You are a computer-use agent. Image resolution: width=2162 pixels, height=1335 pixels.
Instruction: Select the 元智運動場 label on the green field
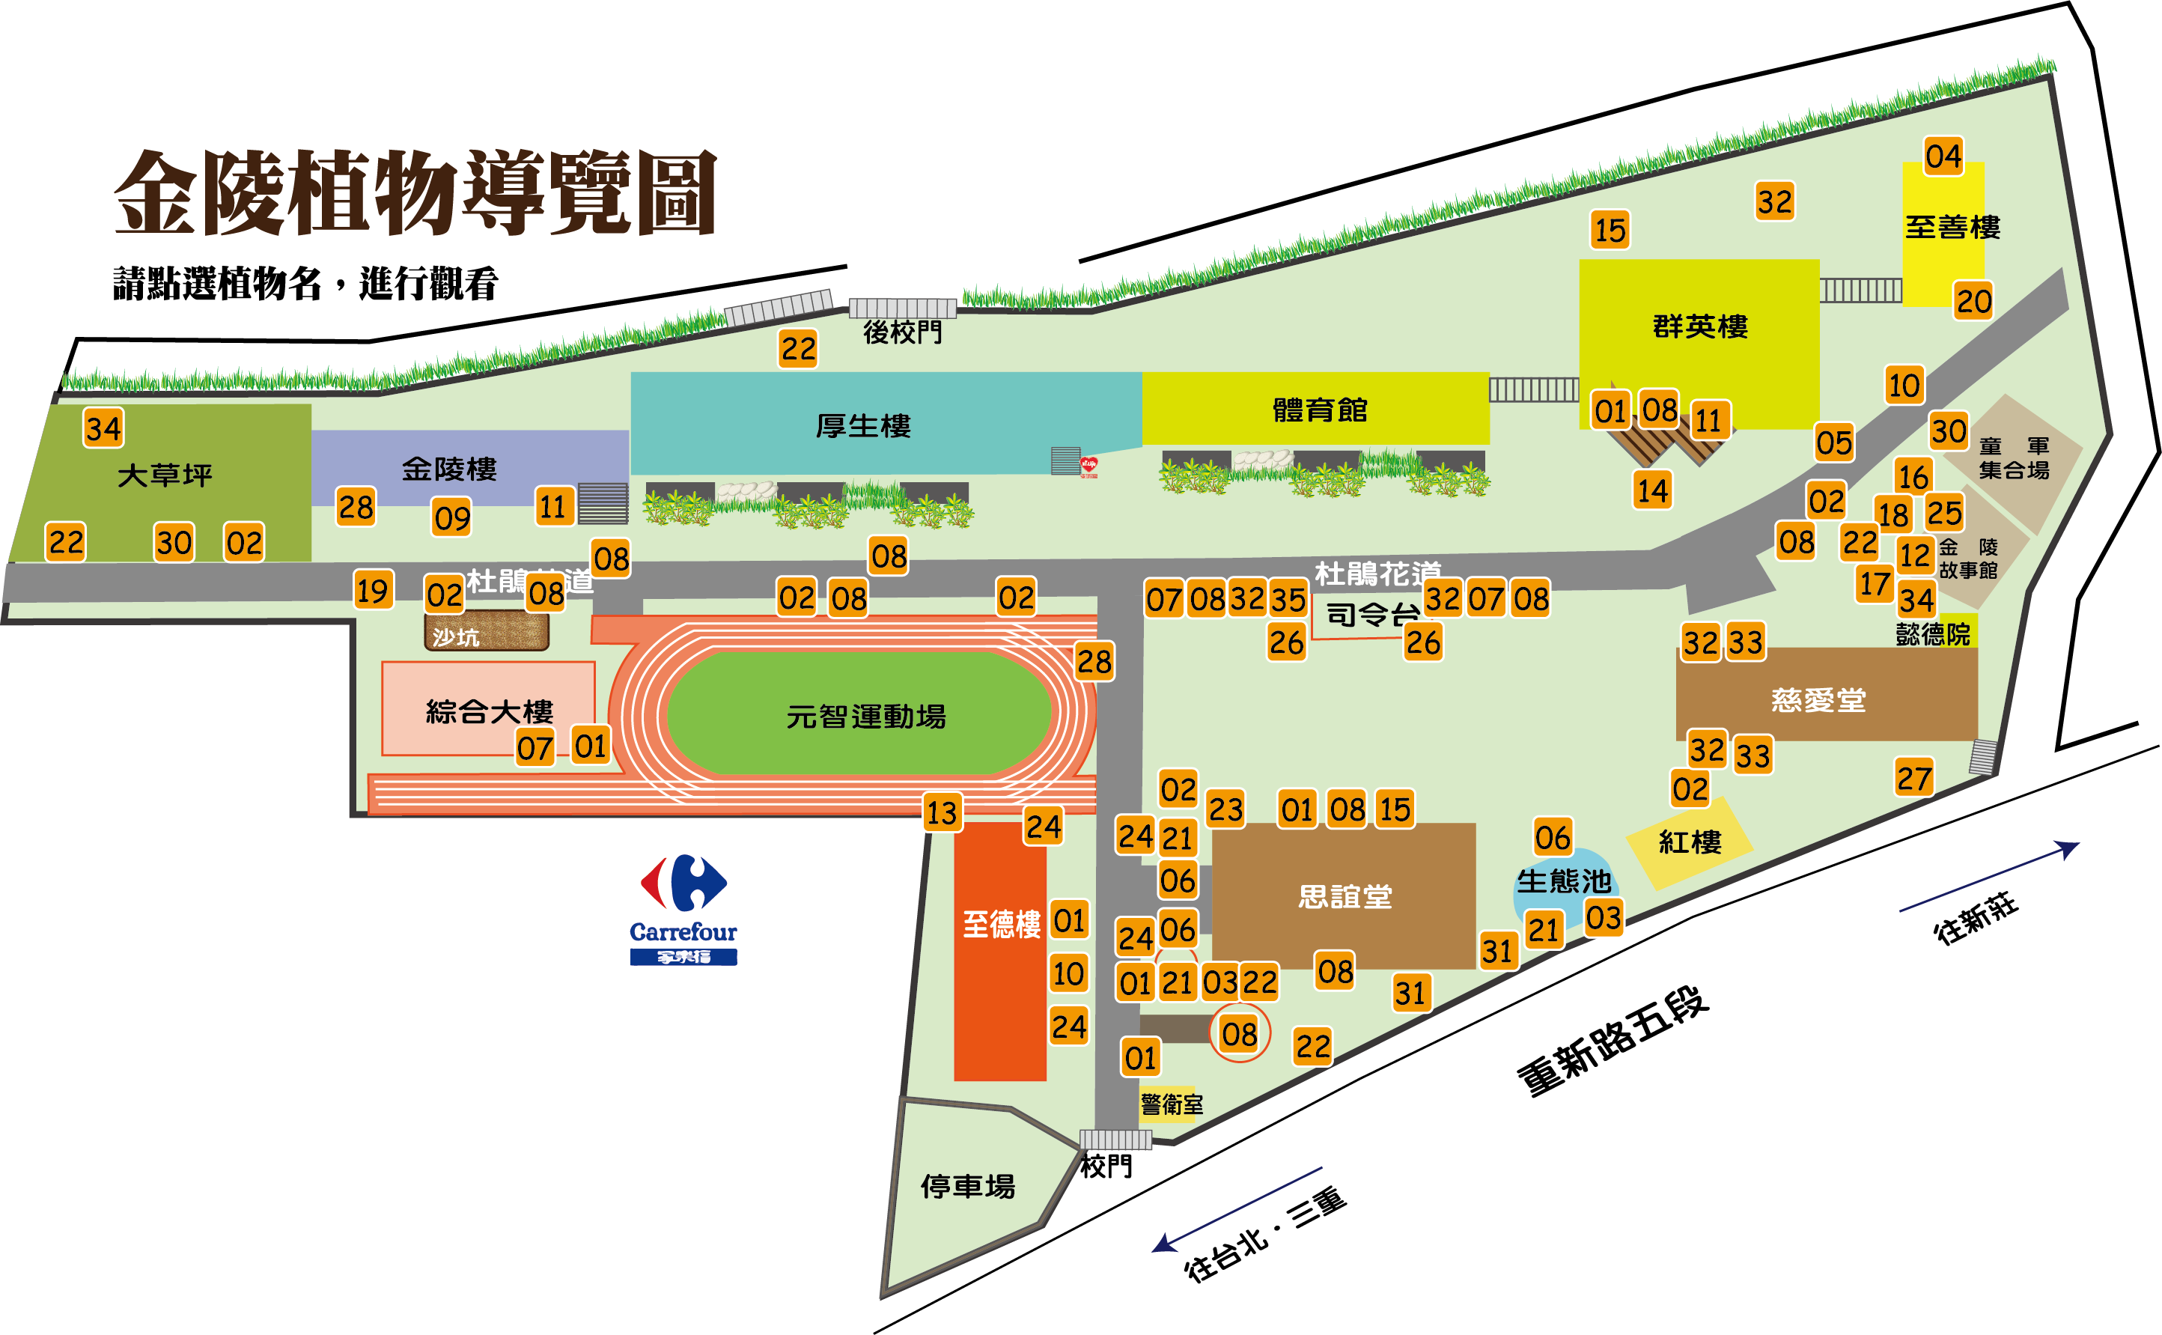[x=865, y=716]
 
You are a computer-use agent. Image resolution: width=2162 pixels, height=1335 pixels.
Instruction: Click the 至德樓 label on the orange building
[x=1001, y=925]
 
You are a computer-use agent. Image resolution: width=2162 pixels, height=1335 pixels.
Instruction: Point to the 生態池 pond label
[x=1563, y=881]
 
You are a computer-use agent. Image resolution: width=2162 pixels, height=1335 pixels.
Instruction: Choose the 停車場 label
[x=967, y=1186]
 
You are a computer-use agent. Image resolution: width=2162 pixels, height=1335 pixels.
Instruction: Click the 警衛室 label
[x=1172, y=1104]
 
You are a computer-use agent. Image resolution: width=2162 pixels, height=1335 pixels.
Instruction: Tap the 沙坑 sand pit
[x=487, y=632]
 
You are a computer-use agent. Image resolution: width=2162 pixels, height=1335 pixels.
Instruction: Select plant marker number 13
[x=941, y=812]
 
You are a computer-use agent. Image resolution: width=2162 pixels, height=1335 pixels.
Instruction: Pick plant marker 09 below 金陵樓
[x=452, y=518]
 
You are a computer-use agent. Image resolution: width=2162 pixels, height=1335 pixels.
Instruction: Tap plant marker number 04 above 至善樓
[x=1943, y=156]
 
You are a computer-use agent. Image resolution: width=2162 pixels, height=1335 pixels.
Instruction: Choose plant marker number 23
[x=1225, y=809]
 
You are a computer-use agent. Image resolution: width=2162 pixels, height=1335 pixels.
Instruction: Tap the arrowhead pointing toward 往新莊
[x=2068, y=848]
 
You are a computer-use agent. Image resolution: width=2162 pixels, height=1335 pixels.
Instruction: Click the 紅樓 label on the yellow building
[x=1690, y=842]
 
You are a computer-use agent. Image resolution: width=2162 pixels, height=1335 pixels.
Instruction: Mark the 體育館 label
[x=1319, y=410]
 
